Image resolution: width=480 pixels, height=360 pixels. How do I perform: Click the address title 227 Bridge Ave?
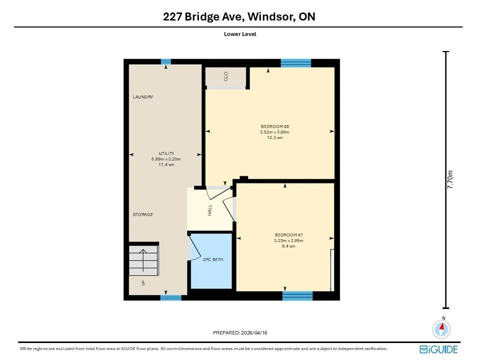pyautogui.click(x=203, y=16)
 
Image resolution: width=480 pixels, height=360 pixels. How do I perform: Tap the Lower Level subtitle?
pyautogui.click(x=240, y=34)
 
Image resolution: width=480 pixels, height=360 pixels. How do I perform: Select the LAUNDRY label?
pyautogui.click(x=143, y=96)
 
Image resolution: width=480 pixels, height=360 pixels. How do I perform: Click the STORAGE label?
pyautogui.click(x=143, y=214)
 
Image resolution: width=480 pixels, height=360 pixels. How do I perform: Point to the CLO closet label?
pyautogui.click(x=226, y=76)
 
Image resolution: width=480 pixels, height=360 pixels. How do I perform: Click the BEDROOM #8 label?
pyautogui.click(x=275, y=126)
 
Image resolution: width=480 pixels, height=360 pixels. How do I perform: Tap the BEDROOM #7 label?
pyautogui.click(x=289, y=235)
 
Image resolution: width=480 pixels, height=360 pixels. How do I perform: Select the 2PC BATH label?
pyautogui.click(x=213, y=259)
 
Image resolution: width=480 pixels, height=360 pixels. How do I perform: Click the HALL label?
pyautogui.click(x=209, y=210)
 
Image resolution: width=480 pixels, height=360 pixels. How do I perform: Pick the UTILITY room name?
pyautogui.click(x=166, y=153)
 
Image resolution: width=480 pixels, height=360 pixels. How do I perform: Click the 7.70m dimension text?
pyautogui.click(x=450, y=179)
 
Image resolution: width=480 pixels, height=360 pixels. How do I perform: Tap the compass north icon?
pyautogui.click(x=441, y=328)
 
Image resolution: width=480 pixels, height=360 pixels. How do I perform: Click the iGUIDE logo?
pyautogui.click(x=438, y=349)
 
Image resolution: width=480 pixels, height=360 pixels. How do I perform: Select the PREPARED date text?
pyautogui.click(x=240, y=333)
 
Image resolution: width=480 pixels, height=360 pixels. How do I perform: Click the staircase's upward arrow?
pyautogui.click(x=143, y=260)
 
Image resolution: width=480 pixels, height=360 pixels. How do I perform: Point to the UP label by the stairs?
pyautogui.click(x=143, y=283)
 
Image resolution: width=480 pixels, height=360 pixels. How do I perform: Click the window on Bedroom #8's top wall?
pyautogui.click(x=296, y=63)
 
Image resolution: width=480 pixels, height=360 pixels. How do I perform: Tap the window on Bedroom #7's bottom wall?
pyautogui.click(x=297, y=296)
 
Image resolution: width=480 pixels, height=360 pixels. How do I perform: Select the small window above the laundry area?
pyautogui.click(x=166, y=61)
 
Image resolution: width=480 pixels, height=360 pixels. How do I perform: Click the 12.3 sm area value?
pyautogui.click(x=275, y=138)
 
